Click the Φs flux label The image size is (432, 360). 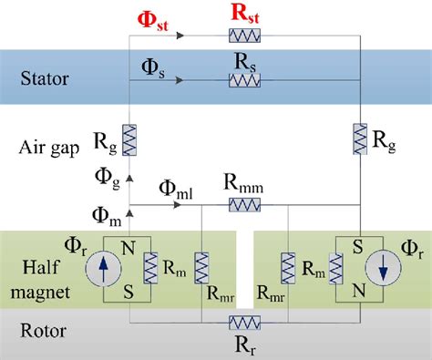153,67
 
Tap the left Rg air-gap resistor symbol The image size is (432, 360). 129,140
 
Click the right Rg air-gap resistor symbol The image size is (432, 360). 360,140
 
